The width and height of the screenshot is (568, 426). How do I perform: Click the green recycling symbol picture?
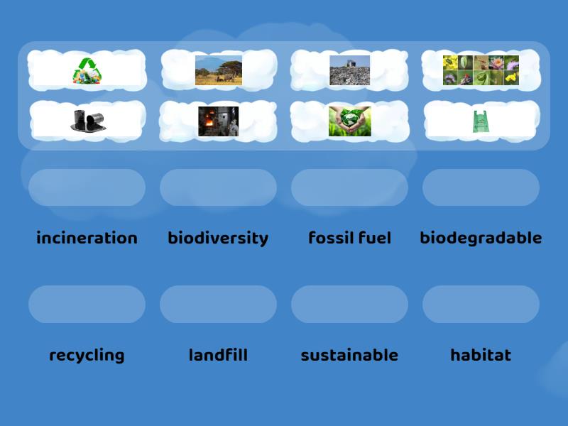(87, 70)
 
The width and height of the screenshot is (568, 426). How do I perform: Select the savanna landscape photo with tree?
(219, 70)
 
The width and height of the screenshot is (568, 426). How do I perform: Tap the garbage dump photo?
(349, 70)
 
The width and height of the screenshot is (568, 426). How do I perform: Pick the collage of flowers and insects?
(481, 70)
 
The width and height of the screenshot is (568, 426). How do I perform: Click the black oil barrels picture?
(87, 121)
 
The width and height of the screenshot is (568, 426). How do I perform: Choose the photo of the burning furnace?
(218, 121)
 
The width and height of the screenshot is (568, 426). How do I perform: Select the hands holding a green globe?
(349, 121)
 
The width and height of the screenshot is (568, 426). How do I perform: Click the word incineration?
(87, 238)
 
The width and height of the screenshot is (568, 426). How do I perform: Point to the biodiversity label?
(218, 238)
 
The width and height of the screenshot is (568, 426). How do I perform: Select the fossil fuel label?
(349, 238)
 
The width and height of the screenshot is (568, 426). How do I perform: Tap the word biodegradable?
(481, 238)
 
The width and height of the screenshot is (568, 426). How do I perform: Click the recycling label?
(87, 355)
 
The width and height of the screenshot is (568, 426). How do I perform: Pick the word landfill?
(218, 355)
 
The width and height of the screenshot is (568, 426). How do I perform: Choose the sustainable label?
(349, 355)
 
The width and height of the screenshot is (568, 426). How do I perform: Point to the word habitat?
(481, 355)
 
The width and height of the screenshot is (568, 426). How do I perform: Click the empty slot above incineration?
(87, 187)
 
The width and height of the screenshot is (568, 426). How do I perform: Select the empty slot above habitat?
(481, 304)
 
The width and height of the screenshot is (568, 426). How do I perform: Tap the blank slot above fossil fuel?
(349, 187)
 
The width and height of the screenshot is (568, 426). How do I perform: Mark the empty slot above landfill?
(218, 304)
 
